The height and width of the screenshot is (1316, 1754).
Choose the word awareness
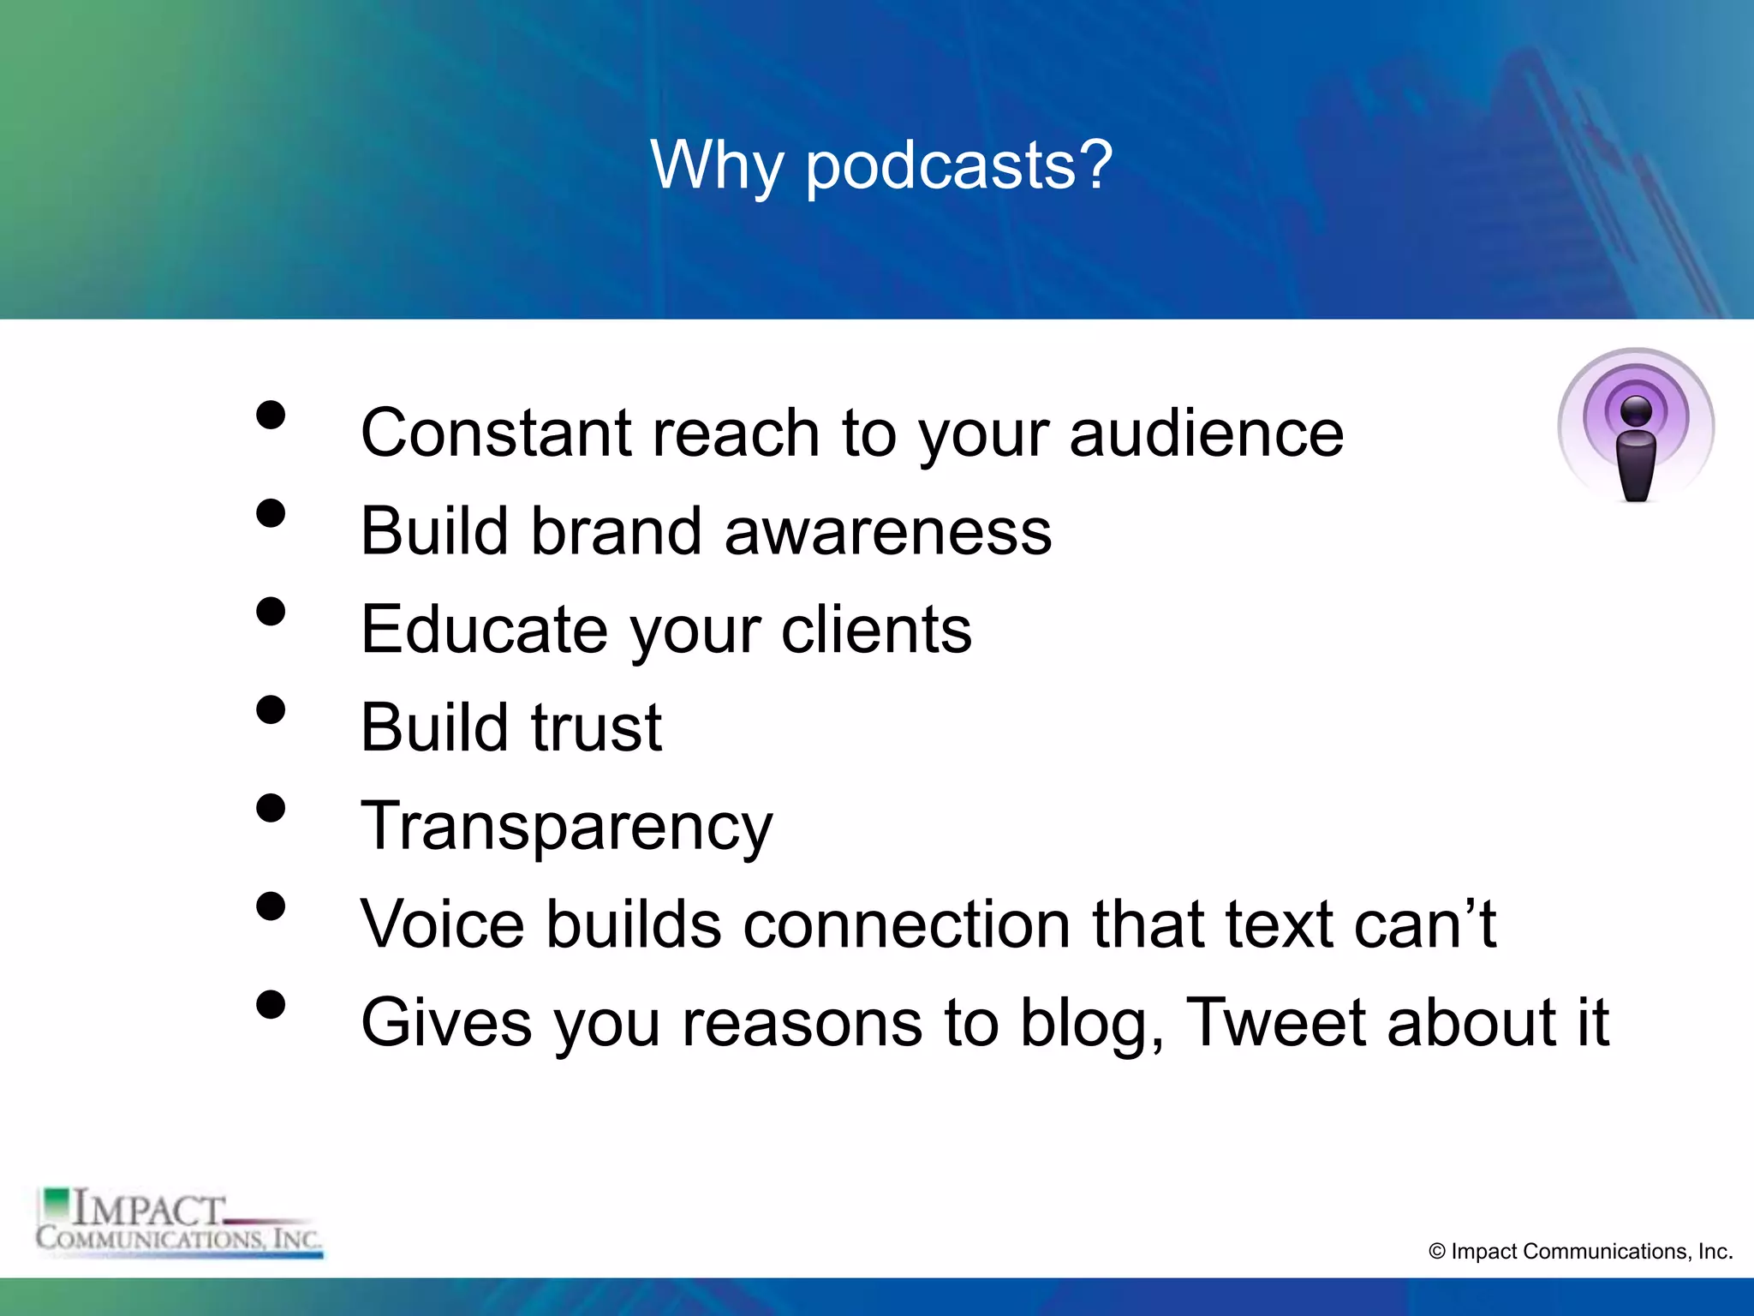pos(888,531)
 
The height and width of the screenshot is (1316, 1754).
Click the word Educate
pos(485,630)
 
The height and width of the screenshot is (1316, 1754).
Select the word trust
pos(596,728)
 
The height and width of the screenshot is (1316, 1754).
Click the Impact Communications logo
pos(179,1223)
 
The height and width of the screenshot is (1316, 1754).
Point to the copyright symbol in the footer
pos(1437,1252)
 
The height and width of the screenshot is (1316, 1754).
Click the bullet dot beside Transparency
pos(271,808)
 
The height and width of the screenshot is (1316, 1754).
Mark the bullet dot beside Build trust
pos(271,709)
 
